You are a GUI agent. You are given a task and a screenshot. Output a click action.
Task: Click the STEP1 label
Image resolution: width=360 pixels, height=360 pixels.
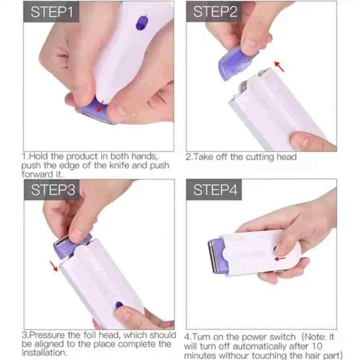50,13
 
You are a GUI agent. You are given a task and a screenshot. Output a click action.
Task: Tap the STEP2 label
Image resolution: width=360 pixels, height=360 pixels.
215,13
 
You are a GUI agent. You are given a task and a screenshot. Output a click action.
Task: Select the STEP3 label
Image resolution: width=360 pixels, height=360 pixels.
50,190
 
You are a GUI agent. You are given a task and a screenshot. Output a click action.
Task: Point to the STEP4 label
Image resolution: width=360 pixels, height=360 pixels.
215,190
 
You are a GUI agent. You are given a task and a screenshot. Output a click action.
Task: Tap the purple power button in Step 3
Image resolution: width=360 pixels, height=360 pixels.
120,305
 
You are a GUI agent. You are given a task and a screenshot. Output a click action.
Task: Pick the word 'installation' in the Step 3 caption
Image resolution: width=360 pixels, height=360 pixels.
44,353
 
